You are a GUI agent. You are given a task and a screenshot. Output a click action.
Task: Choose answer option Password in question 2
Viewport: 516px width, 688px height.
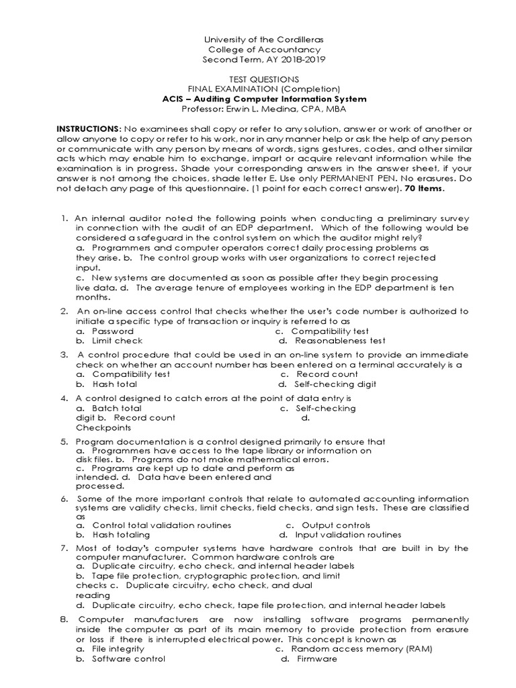(112, 331)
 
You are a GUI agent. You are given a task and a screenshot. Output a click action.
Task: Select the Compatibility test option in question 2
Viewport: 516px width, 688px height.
(330, 331)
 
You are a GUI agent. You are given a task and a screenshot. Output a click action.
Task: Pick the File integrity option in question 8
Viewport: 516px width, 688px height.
(118, 649)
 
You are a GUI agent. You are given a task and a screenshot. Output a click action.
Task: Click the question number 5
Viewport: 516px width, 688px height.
(64, 441)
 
